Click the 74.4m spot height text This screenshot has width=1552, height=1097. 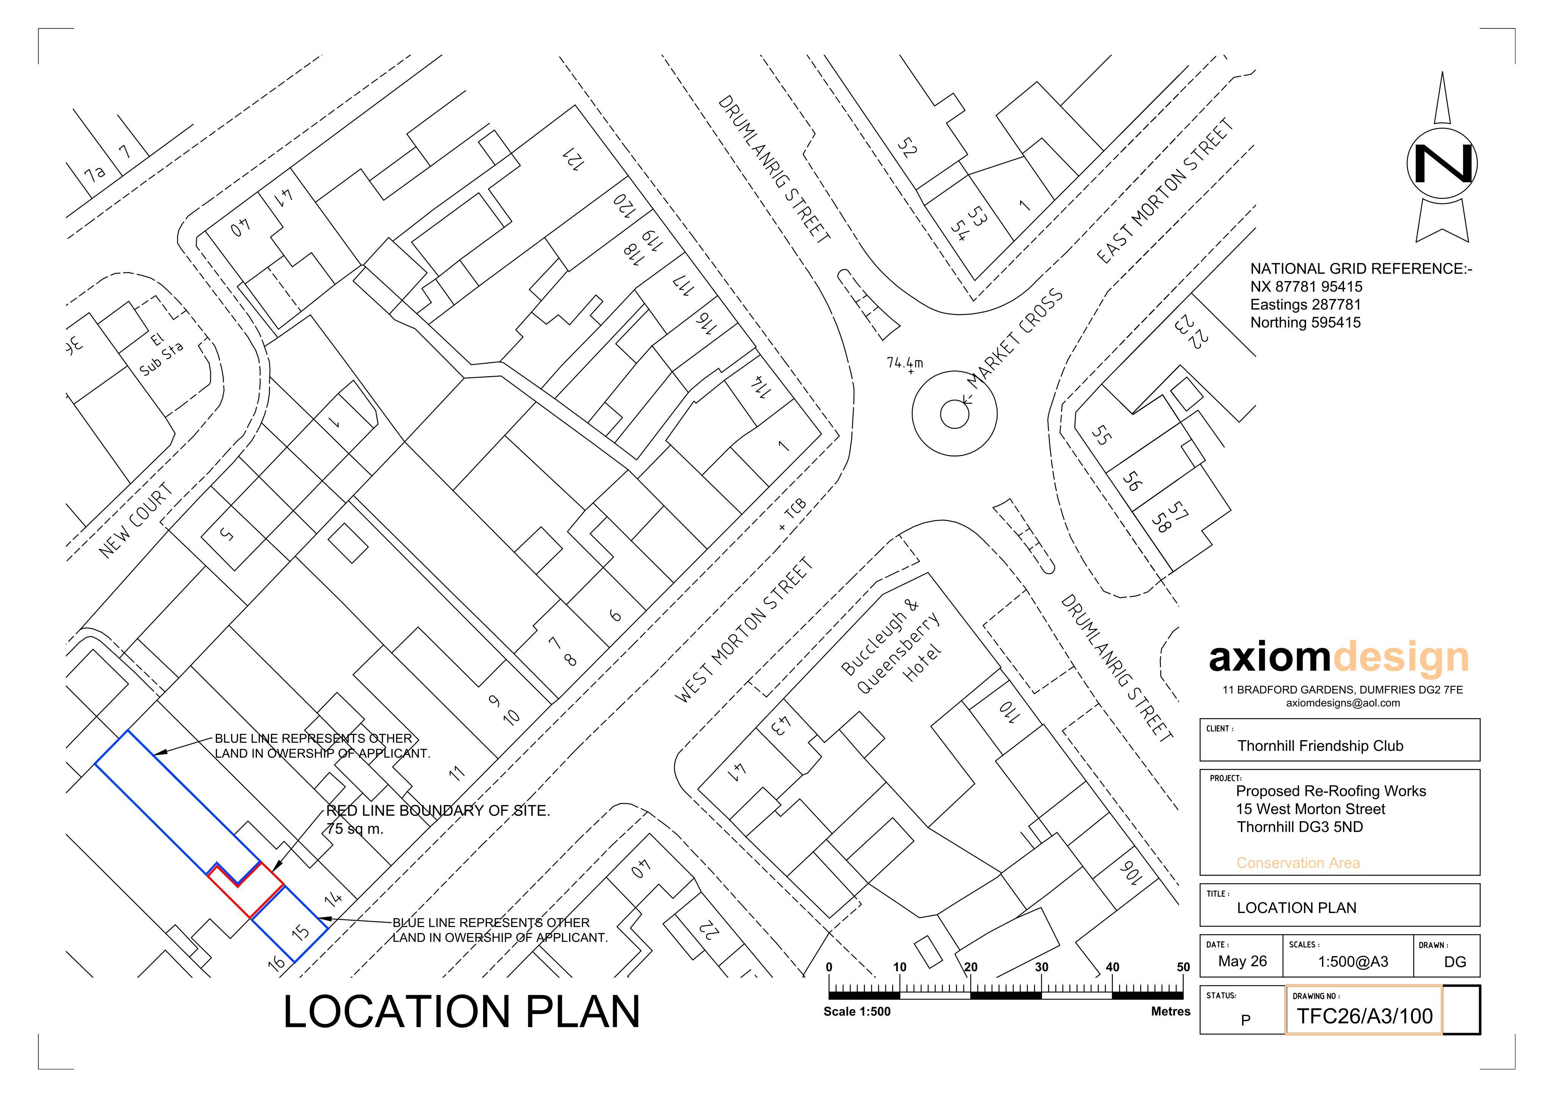click(x=904, y=363)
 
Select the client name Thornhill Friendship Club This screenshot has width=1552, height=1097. click(x=1320, y=745)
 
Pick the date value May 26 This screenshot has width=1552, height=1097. click(x=1242, y=961)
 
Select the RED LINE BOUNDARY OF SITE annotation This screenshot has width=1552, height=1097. click(x=438, y=810)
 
